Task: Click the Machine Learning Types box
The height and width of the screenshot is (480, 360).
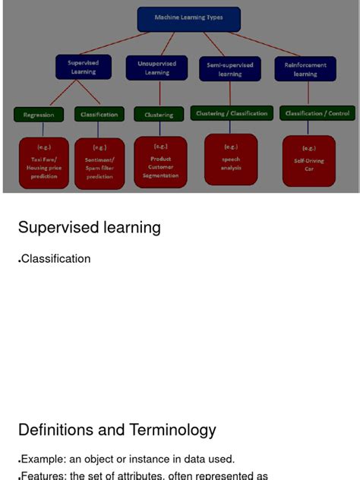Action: click(x=189, y=17)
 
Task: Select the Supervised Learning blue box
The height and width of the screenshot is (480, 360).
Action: click(x=84, y=68)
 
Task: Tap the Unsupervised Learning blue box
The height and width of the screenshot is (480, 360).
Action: click(x=157, y=68)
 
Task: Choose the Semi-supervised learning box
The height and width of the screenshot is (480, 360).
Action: click(x=229, y=69)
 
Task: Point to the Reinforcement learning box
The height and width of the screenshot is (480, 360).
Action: click(x=305, y=69)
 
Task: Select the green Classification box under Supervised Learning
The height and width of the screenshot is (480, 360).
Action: click(x=99, y=115)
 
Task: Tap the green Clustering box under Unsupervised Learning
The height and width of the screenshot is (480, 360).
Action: click(x=159, y=115)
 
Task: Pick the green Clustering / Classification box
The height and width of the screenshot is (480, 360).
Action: click(x=232, y=114)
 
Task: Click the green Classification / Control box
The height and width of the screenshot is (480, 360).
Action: click(x=317, y=114)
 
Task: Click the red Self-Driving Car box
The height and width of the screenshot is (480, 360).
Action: click(x=309, y=160)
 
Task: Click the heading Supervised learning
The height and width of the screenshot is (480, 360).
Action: click(x=90, y=228)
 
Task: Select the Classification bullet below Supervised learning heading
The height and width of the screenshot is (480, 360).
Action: click(x=55, y=259)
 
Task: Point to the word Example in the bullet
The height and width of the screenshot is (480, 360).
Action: click(x=43, y=459)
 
